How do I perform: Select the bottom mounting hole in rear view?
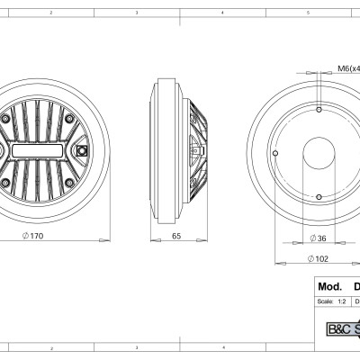coord(319,196)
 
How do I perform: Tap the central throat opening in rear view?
coord(319,151)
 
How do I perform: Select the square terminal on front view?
coord(81,150)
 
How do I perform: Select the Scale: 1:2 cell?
coord(325,301)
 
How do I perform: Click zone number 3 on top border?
coord(136,14)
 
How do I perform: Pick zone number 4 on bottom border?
coord(221,346)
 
